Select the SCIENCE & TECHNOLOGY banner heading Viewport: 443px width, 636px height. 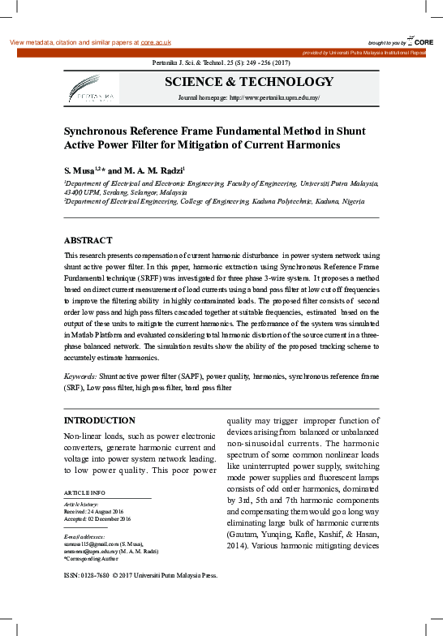pyautogui.click(x=249, y=82)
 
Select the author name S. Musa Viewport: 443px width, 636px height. pyautogui.click(x=79, y=171)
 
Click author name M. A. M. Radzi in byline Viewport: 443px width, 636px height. pyautogui.click(x=153, y=171)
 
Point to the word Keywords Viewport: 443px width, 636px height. pyautogui.click(x=80, y=377)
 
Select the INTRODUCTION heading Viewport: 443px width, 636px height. pyautogui.click(x=100, y=421)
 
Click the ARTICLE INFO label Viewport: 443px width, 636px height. pyautogui.click(x=84, y=493)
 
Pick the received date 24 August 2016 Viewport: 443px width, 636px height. pyautogui.click(x=105, y=511)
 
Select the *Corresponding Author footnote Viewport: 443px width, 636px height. pyautogui.click(x=92, y=558)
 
